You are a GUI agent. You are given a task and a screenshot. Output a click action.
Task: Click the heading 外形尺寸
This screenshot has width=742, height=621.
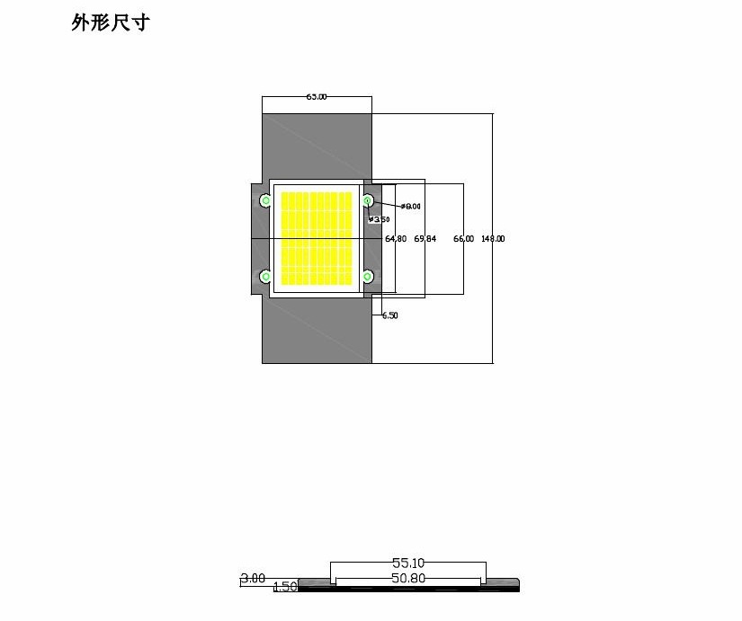(x=110, y=22)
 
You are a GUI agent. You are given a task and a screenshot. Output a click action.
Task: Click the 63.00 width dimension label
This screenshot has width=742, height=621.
(x=317, y=96)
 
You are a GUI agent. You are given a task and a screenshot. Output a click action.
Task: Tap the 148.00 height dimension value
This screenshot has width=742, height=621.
(x=493, y=239)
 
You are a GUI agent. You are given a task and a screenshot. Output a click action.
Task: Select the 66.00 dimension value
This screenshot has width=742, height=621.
(x=463, y=239)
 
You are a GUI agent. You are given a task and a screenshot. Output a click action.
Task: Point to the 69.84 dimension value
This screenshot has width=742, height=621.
(x=425, y=239)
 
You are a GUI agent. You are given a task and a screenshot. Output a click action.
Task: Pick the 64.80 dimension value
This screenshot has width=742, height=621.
(x=396, y=239)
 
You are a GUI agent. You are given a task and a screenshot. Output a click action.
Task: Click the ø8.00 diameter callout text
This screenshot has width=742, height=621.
(x=411, y=207)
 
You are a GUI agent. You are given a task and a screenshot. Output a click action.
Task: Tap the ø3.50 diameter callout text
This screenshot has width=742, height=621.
(x=380, y=219)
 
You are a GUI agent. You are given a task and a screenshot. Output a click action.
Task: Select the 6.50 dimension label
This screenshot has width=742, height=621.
(x=389, y=315)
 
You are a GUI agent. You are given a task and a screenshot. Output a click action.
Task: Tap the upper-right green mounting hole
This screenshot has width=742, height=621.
(x=367, y=200)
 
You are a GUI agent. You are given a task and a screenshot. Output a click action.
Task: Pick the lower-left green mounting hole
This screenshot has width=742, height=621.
(x=265, y=277)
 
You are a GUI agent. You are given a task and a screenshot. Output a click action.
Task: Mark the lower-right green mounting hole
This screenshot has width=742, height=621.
(x=367, y=277)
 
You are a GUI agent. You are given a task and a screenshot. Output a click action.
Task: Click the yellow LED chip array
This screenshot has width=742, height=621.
(x=317, y=238)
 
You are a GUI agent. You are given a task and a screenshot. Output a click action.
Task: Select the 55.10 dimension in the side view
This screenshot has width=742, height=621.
(x=407, y=563)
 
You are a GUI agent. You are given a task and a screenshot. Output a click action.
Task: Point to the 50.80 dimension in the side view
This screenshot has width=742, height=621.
(x=407, y=579)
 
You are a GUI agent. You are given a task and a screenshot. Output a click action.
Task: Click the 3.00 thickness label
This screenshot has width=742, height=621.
(x=253, y=579)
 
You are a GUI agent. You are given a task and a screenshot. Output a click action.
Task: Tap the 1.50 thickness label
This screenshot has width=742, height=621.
(x=284, y=587)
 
